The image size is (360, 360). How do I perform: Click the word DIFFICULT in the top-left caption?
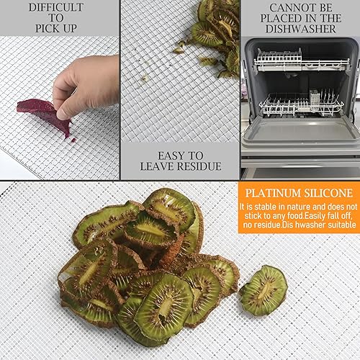(x=56, y=7)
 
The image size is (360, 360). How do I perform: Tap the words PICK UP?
(x=56, y=28)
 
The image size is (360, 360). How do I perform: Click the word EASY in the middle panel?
(x=170, y=156)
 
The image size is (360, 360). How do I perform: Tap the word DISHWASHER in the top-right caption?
(x=300, y=29)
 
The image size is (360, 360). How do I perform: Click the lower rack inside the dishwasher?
(x=302, y=103)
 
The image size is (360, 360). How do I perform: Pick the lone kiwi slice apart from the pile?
(x=264, y=290)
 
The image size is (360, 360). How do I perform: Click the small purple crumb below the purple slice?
(x=73, y=140)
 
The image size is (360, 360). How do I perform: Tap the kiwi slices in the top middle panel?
(x=214, y=36)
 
